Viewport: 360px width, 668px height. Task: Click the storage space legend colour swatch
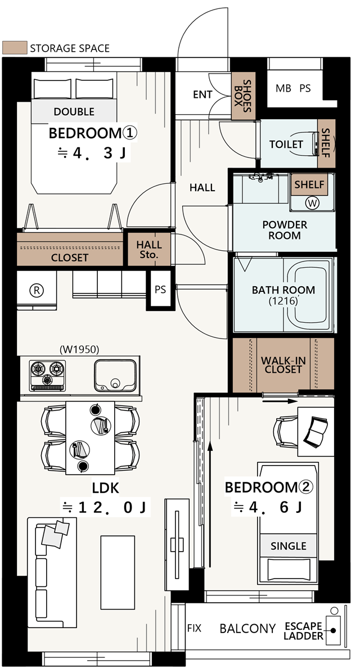[15, 48]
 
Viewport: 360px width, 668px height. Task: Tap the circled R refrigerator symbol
[37, 291]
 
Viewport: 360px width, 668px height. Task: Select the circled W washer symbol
[312, 203]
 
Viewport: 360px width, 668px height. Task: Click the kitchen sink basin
[115, 375]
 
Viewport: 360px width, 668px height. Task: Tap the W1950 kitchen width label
[80, 350]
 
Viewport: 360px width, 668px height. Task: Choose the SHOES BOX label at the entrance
[243, 96]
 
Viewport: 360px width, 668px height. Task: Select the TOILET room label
[286, 145]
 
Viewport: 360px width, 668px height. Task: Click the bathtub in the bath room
[312, 295]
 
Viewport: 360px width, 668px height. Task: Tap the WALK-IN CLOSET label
[283, 365]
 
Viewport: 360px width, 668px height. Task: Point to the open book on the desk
[315, 432]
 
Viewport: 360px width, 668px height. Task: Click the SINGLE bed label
[289, 546]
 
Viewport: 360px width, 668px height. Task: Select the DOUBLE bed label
[74, 112]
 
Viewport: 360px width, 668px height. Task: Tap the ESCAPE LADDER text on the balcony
[303, 631]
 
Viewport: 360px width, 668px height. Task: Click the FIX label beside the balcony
[194, 628]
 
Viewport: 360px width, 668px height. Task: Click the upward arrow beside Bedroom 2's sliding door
[210, 505]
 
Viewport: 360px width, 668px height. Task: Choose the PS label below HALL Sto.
[160, 290]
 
